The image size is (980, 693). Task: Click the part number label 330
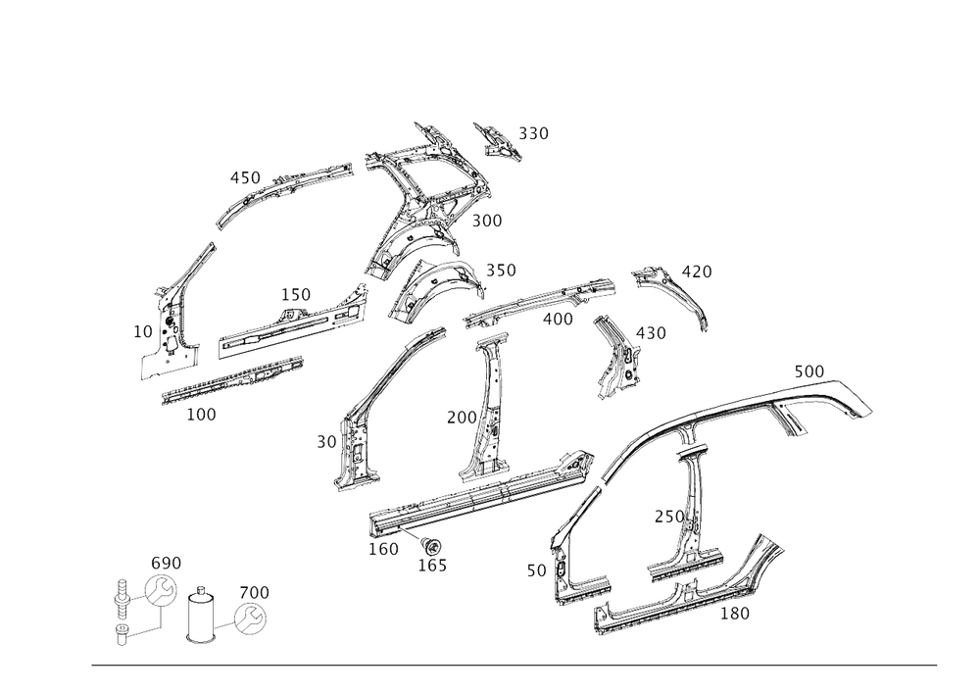[x=533, y=133]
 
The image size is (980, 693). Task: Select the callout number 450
[x=245, y=178]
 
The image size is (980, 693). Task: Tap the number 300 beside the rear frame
[x=486, y=221]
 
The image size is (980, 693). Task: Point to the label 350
[x=501, y=271]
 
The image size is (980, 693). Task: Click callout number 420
[x=696, y=272]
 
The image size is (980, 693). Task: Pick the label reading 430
[x=651, y=333]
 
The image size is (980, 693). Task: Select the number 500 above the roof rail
[x=808, y=371]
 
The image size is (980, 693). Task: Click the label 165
[x=432, y=566]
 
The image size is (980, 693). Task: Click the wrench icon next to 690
[x=161, y=590]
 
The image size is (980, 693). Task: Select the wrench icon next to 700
[x=250, y=619]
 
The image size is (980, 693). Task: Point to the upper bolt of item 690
[x=122, y=594]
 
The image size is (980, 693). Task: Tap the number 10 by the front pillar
[x=142, y=332]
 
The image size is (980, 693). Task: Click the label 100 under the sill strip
[x=201, y=415]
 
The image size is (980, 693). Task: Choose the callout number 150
[x=295, y=294]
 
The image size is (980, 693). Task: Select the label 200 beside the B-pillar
[x=462, y=418]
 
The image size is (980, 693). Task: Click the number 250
[x=669, y=517]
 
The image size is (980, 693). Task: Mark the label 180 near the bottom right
[x=734, y=614]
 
